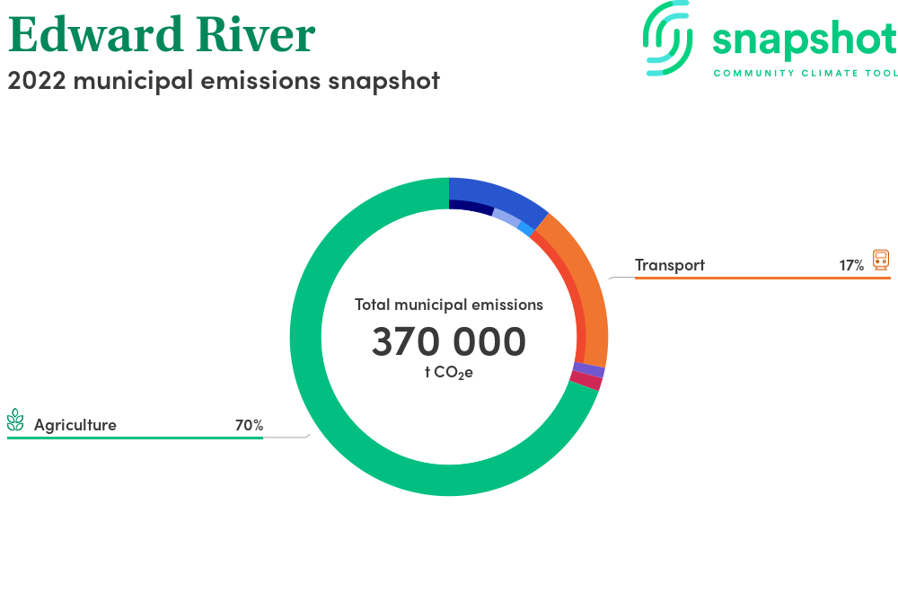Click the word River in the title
click(x=256, y=34)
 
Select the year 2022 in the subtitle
click(x=37, y=80)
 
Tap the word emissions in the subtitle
click(x=260, y=80)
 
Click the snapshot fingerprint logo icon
click(x=668, y=39)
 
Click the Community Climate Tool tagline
click(x=806, y=74)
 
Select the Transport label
click(x=670, y=265)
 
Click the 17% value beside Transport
click(x=851, y=265)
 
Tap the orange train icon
click(x=881, y=260)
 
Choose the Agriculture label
click(x=75, y=425)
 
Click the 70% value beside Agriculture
click(x=249, y=425)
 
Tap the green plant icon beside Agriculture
click(x=15, y=420)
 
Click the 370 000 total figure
click(x=448, y=341)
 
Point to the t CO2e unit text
click(x=448, y=373)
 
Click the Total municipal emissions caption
click(x=448, y=305)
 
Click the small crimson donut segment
click(x=585, y=380)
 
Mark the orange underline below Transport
click(x=762, y=278)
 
